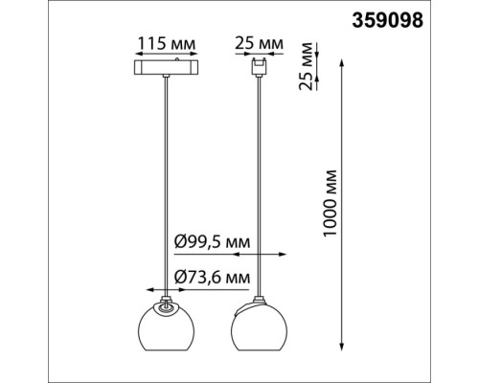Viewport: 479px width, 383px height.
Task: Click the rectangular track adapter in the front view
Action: [x=167, y=70]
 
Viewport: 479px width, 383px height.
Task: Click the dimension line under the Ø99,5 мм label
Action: [x=230, y=255]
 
